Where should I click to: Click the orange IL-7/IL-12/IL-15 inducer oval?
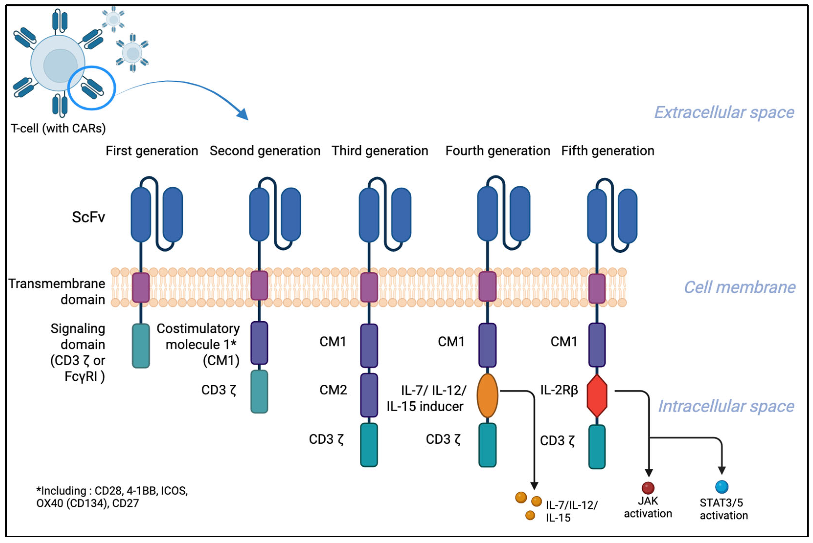click(487, 395)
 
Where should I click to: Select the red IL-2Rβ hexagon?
click(597, 396)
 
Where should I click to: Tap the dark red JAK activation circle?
click(648, 488)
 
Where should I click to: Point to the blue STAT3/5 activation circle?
click(722, 487)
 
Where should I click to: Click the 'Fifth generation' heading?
click(608, 151)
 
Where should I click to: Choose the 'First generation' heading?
click(152, 151)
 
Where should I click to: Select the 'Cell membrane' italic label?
click(740, 287)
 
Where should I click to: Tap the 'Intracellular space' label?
click(726, 406)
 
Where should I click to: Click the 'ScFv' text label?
click(88, 217)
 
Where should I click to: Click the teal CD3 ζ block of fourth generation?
click(487, 445)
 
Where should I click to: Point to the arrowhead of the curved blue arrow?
click(243, 114)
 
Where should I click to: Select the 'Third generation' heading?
click(380, 151)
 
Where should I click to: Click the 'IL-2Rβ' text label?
click(559, 390)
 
